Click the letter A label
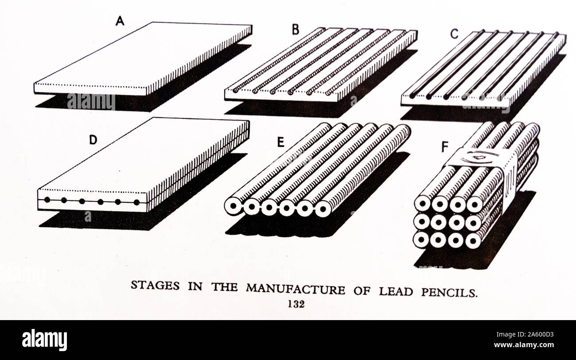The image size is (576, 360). click(x=119, y=20)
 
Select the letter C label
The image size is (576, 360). click(x=454, y=34)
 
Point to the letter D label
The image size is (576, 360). click(x=93, y=140)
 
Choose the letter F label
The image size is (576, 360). click(x=445, y=147)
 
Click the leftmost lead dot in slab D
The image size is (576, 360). click(x=47, y=200)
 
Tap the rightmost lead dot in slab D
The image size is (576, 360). click(x=136, y=202)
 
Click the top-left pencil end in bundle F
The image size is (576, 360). click(x=422, y=203)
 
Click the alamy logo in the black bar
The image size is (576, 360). click(x=44, y=340)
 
